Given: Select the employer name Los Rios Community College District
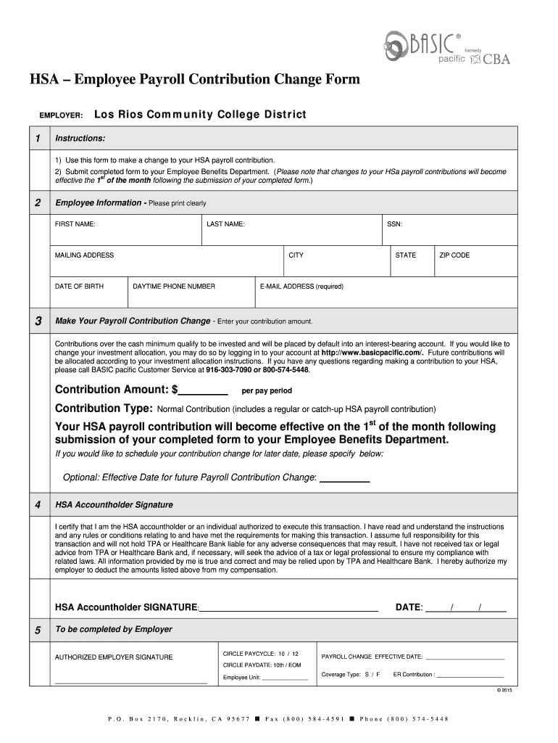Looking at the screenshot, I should pyautogui.click(x=200, y=115).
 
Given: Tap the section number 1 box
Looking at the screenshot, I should pyautogui.click(x=38, y=138).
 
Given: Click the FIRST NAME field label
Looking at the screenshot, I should pyautogui.click(x=75, y=224).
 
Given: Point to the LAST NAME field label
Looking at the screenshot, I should pyautogui.click(x=225, y=224).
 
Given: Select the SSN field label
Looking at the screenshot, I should pyautogui.click(x=395, y=224).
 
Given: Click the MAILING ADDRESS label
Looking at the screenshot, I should pyautogui.click(x=84, y=255).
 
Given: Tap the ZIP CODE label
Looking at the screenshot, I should pyautogui.click(x=454, y=255).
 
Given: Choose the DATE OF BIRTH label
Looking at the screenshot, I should pyautogui.click(x=79, y=287).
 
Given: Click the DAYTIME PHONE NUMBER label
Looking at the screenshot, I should pyautogui.click(x=174, y=287).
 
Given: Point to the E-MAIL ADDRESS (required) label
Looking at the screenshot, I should pyautogui.click(x=301, y=287).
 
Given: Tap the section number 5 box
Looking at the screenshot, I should pyautogui.click(x=38, y=631).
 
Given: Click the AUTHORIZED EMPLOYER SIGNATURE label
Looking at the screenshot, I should pyautogui.click(x=114, y=657).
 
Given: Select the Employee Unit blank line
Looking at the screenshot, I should pyautogui.click(x=285, y=679).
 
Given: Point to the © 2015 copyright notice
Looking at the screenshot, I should pyautogui.click(x=504, y=691).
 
